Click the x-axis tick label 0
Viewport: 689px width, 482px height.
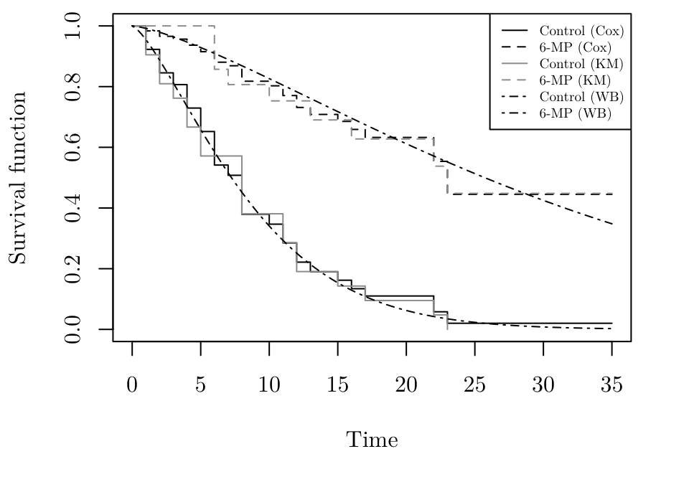[x=132, y=385]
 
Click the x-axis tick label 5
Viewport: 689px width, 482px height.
[x=201, y=385]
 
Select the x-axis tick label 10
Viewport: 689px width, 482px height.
[x=269, y=385]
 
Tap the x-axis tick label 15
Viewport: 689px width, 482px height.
[x=338, y=385]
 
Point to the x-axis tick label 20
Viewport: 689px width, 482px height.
[x=406, y=385]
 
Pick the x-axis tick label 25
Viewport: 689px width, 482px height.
[x=474, y=385]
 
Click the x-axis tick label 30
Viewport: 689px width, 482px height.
[x=543, y=385]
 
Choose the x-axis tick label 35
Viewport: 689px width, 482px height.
[x=611, y=385]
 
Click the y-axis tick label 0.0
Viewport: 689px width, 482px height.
[x=72, y=329]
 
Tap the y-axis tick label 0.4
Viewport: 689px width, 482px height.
[x=72, y=208]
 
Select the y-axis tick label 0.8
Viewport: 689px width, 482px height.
[x=72, y=87]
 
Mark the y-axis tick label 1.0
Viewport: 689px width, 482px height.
[x=72, y=26]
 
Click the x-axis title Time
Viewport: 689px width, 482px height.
[x=372, y=440]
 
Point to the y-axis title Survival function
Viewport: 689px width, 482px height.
[x=18, y=177]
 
